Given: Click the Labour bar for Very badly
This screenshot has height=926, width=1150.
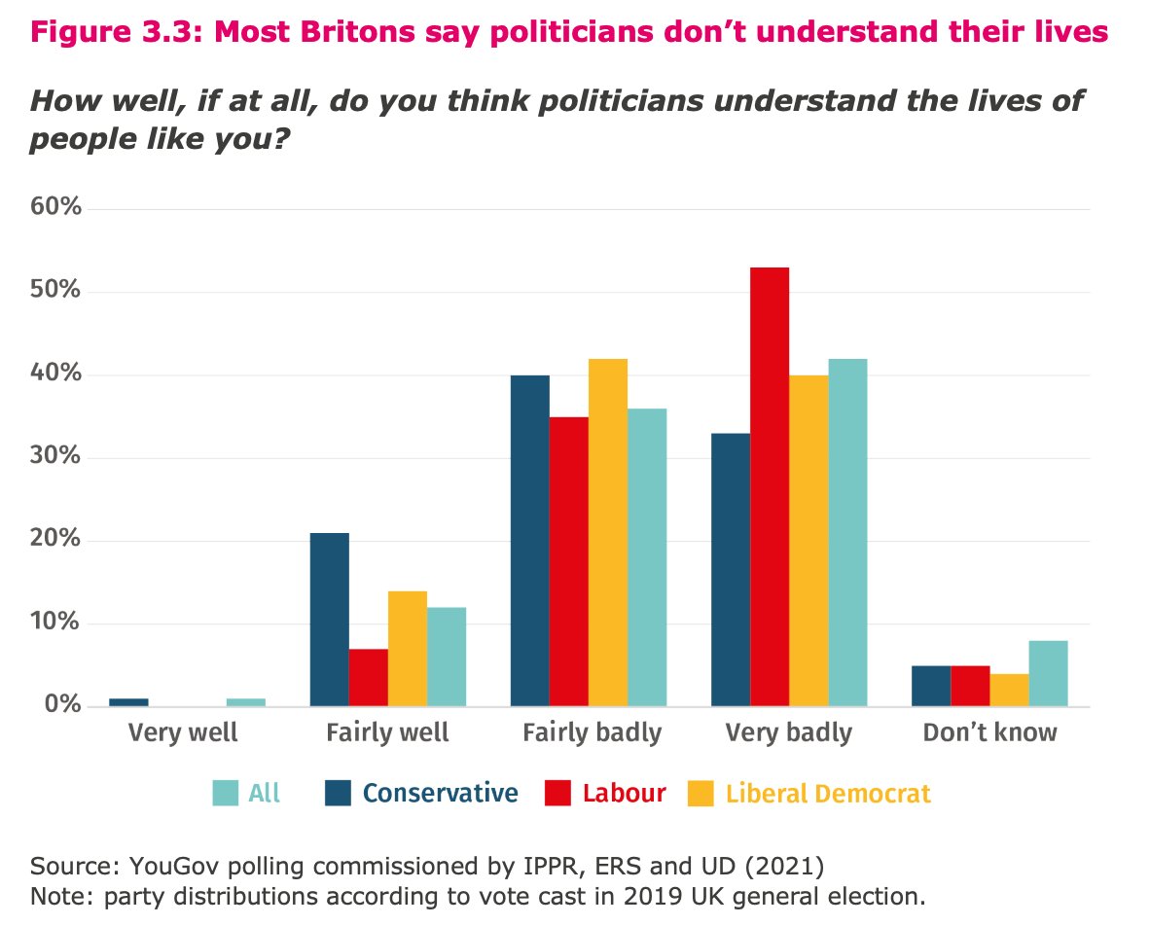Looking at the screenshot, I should [x=770, y=486].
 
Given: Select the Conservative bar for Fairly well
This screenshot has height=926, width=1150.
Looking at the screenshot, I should [x=329, y=620].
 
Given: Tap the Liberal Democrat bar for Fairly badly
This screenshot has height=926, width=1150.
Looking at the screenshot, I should [x=608, y=532].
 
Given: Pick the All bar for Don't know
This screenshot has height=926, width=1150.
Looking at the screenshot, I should [x=1048, y=673].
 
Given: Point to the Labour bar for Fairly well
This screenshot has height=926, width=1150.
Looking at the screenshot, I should [x=369, y=677].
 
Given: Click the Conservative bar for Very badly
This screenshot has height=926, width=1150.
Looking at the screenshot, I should [x=731, y=569].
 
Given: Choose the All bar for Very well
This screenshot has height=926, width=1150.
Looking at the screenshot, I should [x=246, y=702].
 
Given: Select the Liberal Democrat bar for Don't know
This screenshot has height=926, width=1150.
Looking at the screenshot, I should [x=1009, y=690].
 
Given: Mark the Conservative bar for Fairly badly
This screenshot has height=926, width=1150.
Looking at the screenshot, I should [x=529, y=541].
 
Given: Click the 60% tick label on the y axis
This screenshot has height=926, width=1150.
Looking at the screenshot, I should [x=56, y=209].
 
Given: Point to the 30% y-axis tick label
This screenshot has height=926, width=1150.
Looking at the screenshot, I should [x=56, y=458].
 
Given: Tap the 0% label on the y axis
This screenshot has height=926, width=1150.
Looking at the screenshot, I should [x=62, y=706].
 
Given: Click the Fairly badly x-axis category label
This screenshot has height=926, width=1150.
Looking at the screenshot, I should [x=592, y=732].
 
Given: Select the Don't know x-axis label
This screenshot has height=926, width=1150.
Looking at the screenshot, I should [x=989, y=732].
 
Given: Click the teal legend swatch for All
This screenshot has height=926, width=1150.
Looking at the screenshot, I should [x=225, y=794].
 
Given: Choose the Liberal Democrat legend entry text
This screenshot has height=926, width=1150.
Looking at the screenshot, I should [x=828, y=794].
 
